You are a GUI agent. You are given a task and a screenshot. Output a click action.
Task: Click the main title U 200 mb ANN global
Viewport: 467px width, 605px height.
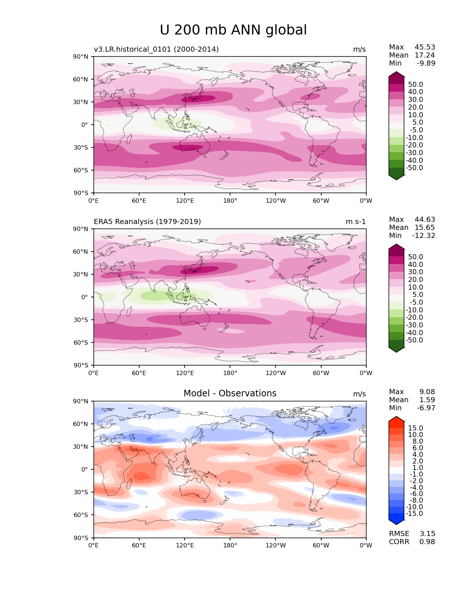coord(233,30)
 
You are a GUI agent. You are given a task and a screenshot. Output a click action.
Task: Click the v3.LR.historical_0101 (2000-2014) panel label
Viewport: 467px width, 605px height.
coord(156,49)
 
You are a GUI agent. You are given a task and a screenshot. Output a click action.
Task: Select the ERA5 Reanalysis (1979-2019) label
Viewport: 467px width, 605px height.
coord(147,221)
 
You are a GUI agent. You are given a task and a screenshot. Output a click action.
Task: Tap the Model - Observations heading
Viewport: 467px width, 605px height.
coord(230,393)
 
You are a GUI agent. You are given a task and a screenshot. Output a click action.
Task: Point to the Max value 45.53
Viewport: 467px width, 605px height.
coord(425,47)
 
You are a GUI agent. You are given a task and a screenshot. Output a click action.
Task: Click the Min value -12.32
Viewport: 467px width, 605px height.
coord(424,235)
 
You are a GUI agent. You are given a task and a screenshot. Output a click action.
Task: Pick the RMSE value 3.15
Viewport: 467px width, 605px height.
coord(427,533)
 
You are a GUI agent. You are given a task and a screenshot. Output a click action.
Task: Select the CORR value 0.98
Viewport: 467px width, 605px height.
coord(427,542)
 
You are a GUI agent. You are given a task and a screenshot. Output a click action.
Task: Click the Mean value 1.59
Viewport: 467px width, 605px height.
coord(427,400)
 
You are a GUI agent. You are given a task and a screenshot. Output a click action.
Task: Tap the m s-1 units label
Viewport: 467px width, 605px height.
coord(356,221)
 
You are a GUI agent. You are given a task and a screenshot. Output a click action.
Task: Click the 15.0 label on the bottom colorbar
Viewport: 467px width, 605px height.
coord(415,428)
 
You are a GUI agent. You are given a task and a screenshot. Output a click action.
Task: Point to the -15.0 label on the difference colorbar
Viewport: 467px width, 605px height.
coord(414,513)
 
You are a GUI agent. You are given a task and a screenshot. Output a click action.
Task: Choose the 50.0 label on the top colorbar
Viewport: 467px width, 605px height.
coord(415,84)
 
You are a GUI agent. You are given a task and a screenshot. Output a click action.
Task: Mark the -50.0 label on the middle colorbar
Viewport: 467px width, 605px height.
coord(414,340)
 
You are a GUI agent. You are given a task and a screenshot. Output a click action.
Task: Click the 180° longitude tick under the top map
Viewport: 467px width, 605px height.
coord(230,201)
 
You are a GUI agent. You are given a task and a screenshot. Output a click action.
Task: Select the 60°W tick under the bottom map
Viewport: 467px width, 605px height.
coord(321,545)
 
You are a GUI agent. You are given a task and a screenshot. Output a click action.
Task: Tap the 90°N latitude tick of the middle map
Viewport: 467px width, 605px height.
coord(81,229)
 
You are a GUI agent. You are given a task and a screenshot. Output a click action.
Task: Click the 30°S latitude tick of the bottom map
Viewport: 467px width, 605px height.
coord(81,492)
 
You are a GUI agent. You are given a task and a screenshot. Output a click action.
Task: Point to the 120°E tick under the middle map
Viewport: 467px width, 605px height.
coord(185,373)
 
